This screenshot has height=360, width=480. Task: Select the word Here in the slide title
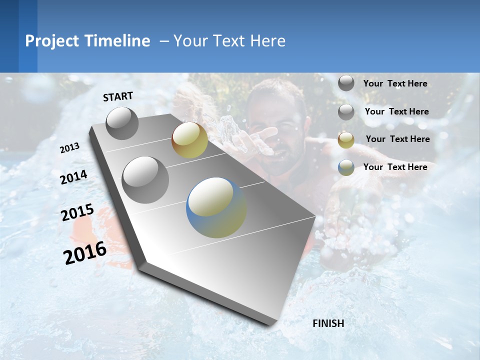tap(267, 41)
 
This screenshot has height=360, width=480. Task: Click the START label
tap(118, 96)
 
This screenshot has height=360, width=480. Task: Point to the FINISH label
tap(328, 323)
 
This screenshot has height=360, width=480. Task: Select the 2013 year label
tap(70, 148)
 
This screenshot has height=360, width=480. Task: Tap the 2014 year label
tap(74, 177)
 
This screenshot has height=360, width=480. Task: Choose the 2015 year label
tap(77, 212)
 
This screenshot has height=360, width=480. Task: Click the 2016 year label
tap(85, 252)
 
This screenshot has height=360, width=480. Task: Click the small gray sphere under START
tap(122, 123)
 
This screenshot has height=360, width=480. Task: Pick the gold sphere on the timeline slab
tap(189, 140)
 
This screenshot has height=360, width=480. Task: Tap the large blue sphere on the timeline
tap(216, 207)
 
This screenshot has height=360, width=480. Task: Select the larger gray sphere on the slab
tap(145, 179)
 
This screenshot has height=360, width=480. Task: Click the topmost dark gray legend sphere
tap(346, 83)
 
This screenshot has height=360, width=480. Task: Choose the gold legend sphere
tap(346, 140)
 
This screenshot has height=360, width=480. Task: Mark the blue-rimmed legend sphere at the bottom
tap(346, 167)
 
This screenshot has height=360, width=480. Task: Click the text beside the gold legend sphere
tap(397, 139)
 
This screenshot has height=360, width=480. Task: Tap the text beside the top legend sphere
tap(395, 83)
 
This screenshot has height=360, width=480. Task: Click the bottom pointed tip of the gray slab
tap(272, 324)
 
